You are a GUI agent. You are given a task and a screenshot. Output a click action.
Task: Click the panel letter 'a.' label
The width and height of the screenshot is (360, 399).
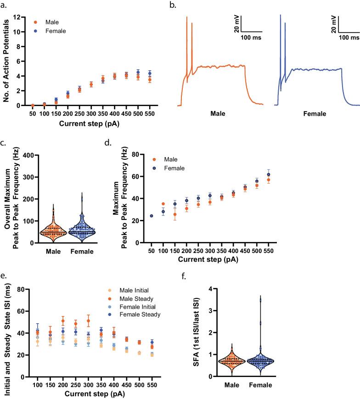point(5,6)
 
